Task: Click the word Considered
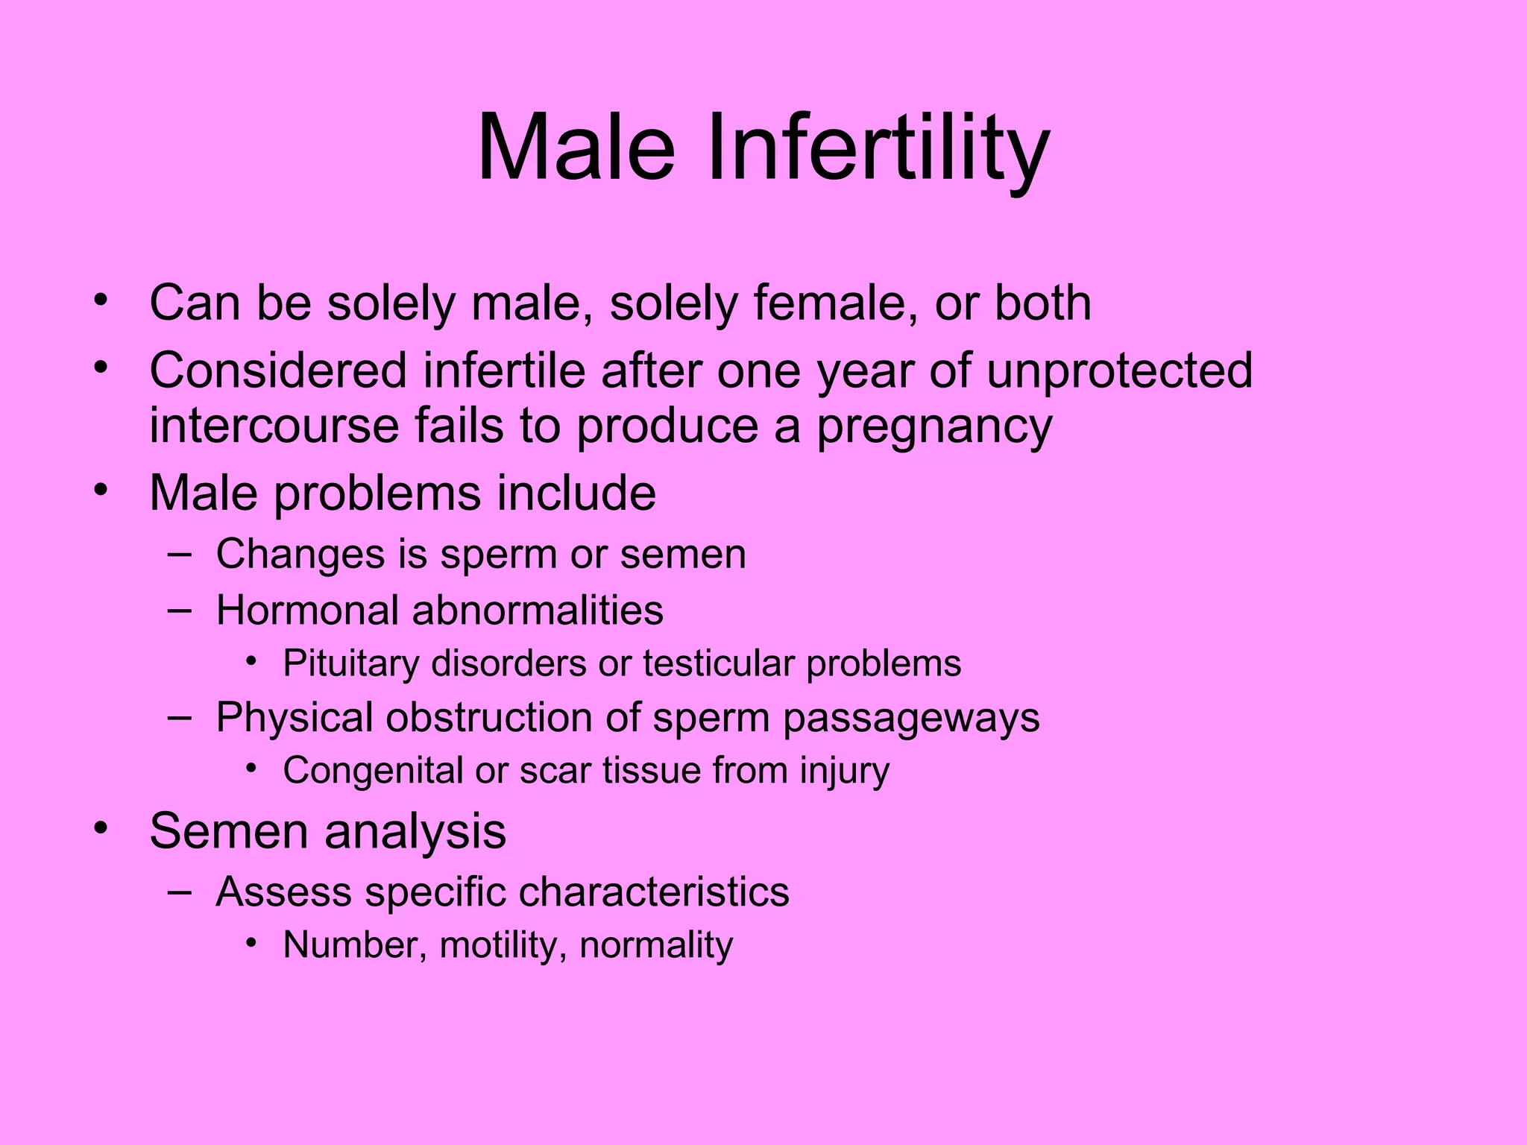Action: [x=278, y=370]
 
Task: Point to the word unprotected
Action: [x=1119, y=370]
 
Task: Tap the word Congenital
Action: [x=373, y=771]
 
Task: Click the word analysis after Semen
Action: [x=415, y=831]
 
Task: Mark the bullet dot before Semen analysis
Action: [x=101, y=828]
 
